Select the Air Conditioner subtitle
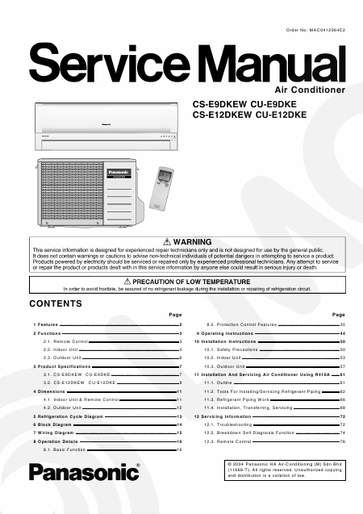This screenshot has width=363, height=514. pyautogui.click(x=311, y=90)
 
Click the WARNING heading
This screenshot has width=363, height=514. pyautogui.click(x=188, y=242)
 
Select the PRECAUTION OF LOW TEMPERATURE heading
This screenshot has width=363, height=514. pyautogui.click(x=188, y=279)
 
